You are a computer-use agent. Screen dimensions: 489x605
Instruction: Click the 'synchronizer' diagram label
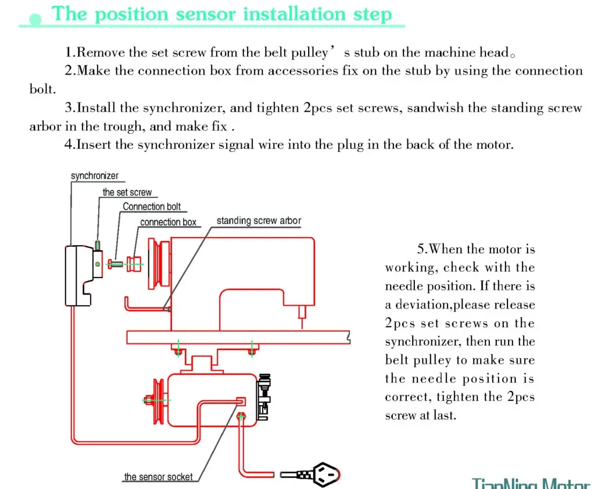point(94,176)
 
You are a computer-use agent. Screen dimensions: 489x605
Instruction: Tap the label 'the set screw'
point(127,192)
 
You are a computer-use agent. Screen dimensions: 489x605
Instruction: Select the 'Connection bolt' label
point(151,207)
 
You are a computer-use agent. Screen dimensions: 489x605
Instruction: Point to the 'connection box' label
point(168,222)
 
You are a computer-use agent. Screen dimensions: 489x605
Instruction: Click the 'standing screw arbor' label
point(259,221)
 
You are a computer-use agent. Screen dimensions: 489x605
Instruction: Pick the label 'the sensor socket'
point(158,477)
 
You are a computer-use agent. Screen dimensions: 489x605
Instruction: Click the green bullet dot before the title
point(35,20)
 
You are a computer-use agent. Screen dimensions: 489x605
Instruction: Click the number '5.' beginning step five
point(423,249)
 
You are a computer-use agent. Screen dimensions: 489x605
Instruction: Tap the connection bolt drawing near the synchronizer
point(116,264)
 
